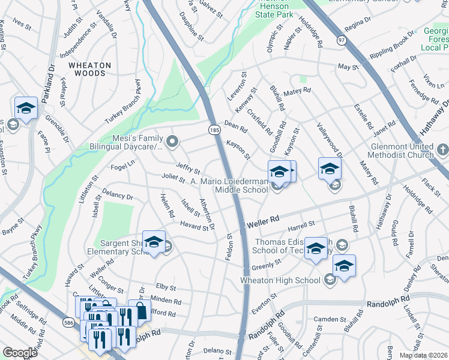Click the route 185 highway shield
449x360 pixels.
coord(214,130)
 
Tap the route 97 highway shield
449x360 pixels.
coord(342,40)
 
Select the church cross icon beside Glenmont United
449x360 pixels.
coord(443,148)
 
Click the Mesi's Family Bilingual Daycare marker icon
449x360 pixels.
coord(173,142)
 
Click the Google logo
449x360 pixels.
coord(20,352)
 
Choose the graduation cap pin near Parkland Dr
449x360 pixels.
coord(26,108)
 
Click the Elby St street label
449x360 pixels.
coord(165,287)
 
